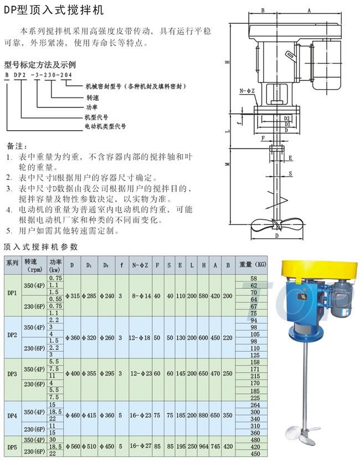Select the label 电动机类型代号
pyautogui.click(x=105, y=127)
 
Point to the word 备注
pyautogui.click(x=17, y=147)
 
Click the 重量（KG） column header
pyautogui.click(x=253, y=264)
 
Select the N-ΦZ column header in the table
pyautogui.click(x=141, y=264)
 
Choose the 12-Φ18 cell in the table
pyautogui.click(x=141, y=337)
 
